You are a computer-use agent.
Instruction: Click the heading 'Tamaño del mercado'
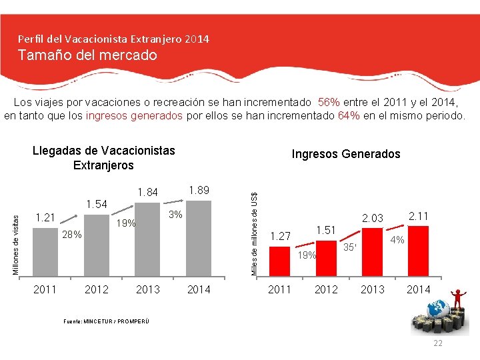(87, 55)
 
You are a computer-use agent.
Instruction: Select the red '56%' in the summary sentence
(329, 103)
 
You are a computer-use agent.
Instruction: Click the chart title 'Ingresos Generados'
(346, 154)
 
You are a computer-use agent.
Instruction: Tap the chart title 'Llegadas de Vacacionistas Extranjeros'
(103, 158)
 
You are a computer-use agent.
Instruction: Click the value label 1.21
(46, 217)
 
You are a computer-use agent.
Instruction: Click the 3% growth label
(175, 215)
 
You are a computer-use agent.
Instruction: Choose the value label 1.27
(281, 235)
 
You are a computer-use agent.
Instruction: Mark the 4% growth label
(397, 239)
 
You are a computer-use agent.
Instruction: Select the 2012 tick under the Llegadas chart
(97, 289)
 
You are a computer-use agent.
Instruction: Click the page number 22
(437, 343)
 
